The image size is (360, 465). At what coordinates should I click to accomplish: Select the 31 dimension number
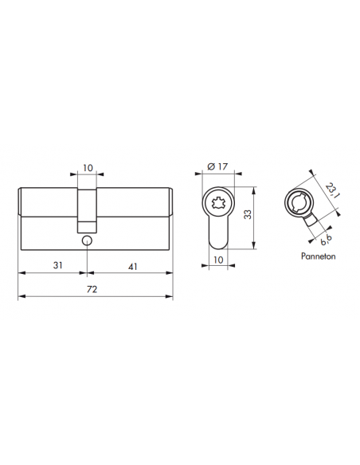pos(52,264)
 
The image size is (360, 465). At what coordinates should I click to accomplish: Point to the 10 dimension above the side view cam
pos(88,169)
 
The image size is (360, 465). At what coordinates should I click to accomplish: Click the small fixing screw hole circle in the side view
pos(85,239)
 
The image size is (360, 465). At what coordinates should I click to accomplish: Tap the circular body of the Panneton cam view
pos(298,202)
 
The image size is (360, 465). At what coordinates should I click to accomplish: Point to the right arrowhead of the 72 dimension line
pos(170,297)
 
